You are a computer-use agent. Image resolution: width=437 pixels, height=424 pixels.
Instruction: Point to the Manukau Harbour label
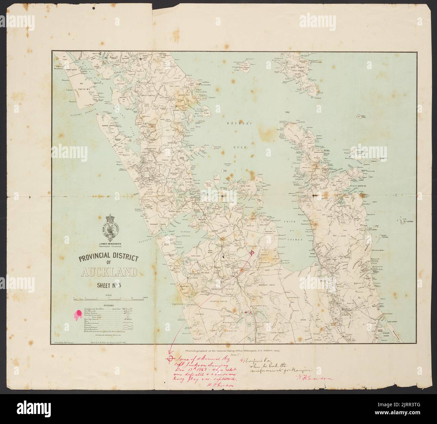(196, 236)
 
